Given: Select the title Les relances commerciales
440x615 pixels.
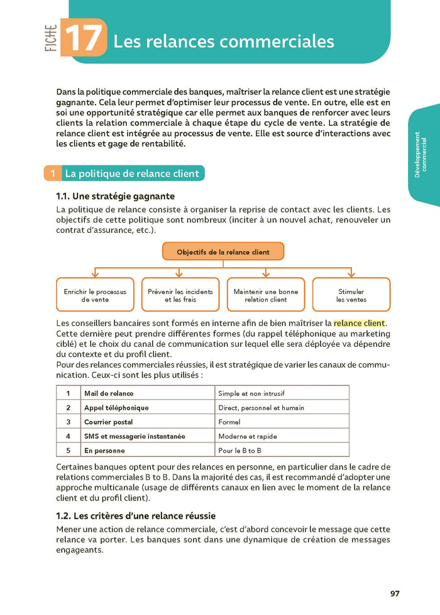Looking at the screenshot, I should tap(223, 42).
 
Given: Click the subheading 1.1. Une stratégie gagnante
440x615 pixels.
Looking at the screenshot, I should tap(115, 196).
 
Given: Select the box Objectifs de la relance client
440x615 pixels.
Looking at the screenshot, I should tap(223, 252).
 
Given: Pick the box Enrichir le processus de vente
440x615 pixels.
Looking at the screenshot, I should tap(95, 295).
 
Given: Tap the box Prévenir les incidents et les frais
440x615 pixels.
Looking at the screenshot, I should tap(180, 295).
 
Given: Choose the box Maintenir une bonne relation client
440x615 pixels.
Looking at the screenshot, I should tap(265, 295).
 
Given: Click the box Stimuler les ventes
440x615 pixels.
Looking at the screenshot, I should tap(351, 295).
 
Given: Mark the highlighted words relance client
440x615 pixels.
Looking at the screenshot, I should tap(359, 324).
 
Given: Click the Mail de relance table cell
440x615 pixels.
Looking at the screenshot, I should tap(109, 393).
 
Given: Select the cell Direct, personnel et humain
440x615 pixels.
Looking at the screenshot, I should tap(261, 408).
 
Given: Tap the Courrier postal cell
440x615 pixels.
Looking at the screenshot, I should tap(109, 422).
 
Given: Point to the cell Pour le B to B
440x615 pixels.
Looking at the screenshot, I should tap(239, 451).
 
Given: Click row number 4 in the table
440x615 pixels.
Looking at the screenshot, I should tap(68, 436).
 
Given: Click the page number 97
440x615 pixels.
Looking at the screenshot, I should tap(395, 593).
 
